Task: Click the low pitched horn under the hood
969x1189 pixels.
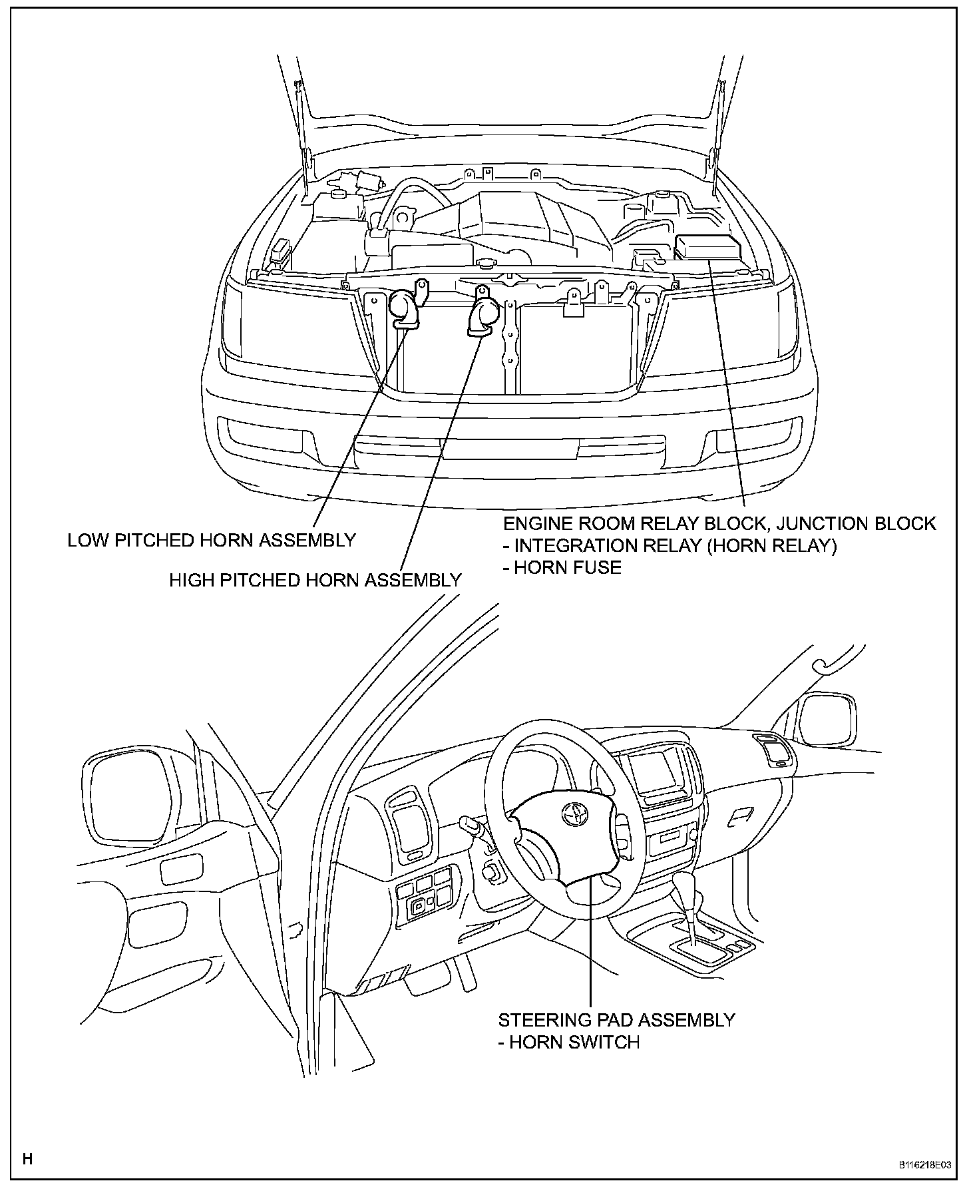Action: pyautogui.click(x=404, y=310)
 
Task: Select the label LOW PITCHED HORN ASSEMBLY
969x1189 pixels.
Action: pyautogui.click(x=212, y=540)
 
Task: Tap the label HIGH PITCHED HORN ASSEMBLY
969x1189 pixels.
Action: pyautogui.click(x=315, y=580)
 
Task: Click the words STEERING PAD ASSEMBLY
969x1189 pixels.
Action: pyautogui.click(x=616, y=1019)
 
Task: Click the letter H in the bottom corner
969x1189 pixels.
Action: pyautogui.click(x=27, y=1159)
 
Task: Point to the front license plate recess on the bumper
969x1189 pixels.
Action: pyautogui.click(x=509, y=449)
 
